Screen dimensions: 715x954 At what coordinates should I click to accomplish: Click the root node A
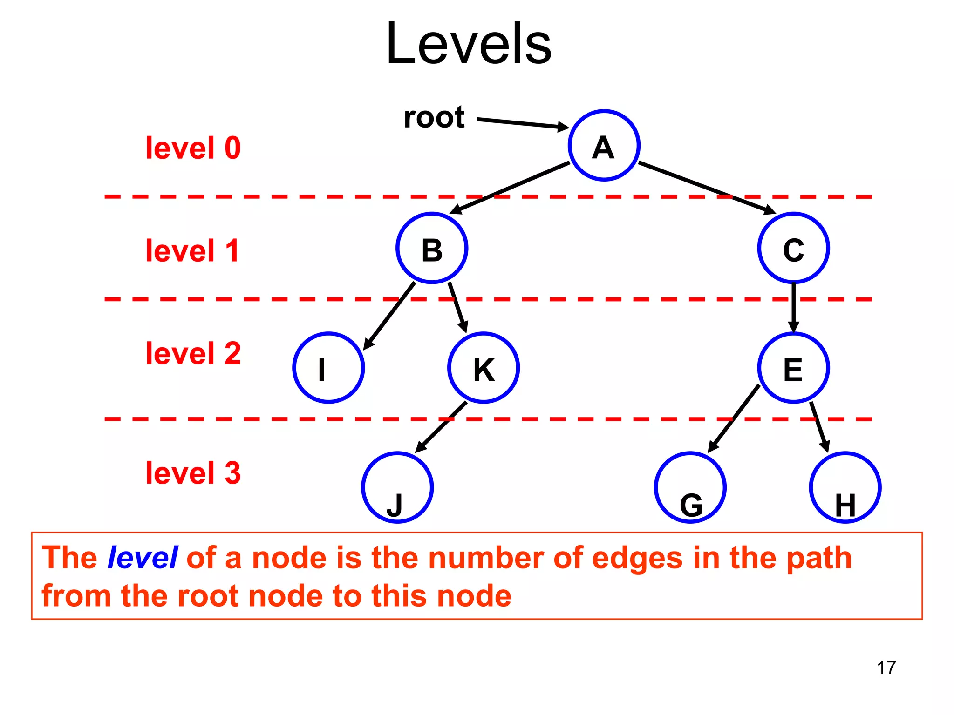(604, 145)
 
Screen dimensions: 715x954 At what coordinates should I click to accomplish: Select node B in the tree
(432, 248)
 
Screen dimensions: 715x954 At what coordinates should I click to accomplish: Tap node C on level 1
(793, 248)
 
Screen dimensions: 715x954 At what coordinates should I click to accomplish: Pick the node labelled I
(328, 368)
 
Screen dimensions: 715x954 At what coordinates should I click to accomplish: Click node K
(484, 368)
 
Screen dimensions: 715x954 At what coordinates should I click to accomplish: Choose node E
(793, 368)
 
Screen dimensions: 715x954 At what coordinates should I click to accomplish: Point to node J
(397, 487)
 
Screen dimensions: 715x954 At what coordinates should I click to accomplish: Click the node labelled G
(690, 487)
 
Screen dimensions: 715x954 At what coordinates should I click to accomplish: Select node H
(845, 487)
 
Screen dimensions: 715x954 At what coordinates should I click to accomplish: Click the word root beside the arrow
(434, 117)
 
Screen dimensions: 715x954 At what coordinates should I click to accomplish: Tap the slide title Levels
(469, 44)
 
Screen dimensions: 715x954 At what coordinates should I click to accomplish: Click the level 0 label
(193, 148)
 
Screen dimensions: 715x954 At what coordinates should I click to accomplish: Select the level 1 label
(192, 251)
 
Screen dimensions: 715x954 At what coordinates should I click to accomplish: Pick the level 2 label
(193, 353)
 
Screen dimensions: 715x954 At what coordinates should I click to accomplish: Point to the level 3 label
(193, 473)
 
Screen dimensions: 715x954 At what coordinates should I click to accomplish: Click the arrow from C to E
(793, 307)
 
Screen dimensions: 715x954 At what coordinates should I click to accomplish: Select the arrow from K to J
(441, 427)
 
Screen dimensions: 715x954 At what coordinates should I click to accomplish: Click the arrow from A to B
(510, 188)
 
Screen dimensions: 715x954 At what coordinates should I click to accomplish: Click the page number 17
(886, 668)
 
